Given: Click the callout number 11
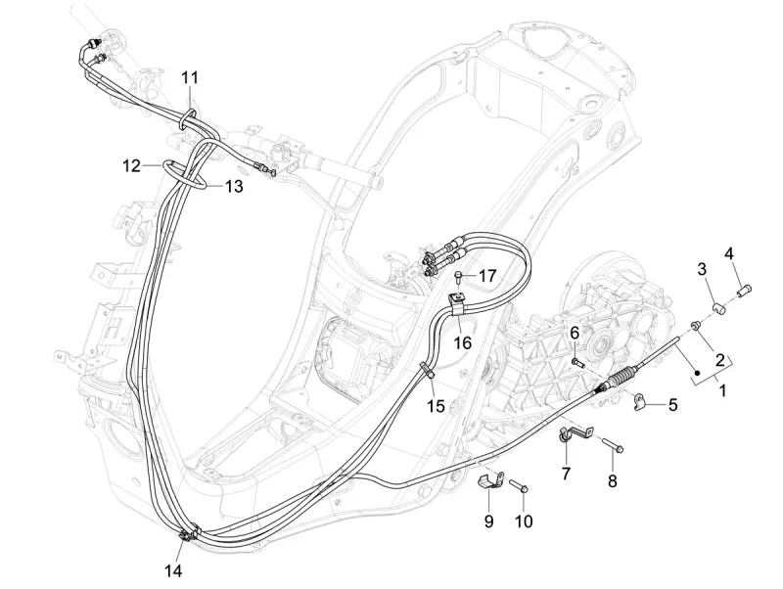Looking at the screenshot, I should pyautogui.click(x=190, y=77).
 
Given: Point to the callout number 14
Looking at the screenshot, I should pyautogui.click(x=172, y=569).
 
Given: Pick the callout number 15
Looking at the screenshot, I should pyautogui.click(x=435, y=406).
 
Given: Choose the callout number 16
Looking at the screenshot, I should pyautogui.click(x=462, y=342).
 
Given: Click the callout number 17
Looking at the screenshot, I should pyautogui.click(x=487, y=275).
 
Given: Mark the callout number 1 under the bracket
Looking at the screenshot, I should pyautogui.click(x=723, y=391).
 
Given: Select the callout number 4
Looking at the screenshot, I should pyautogui.click(x=728, y=228).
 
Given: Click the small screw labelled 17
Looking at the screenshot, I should pyautogui.click(x=459, y=276).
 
